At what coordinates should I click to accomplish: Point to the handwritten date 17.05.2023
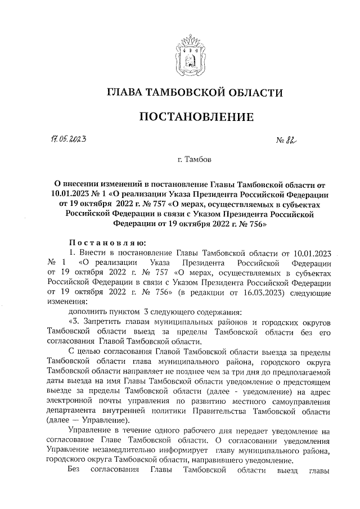point(70,138)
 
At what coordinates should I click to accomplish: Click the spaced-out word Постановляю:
point(107,242)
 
